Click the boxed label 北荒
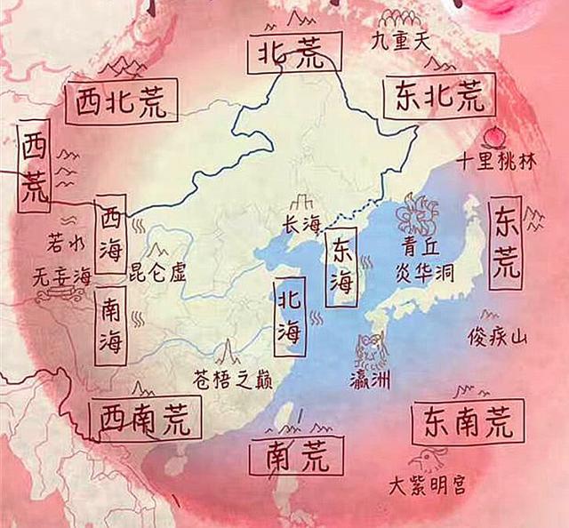pyautogui.click(x=296, y=52)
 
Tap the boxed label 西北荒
pyautogui.click(x=122, y=102)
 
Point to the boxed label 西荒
pyautogui.click(x=35, y=166)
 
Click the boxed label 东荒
pyautogui.click(x=505, y=240)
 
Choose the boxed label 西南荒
pyautogui.click(x=146, y=418)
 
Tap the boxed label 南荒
pyautogui.click(x=296, y=455)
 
